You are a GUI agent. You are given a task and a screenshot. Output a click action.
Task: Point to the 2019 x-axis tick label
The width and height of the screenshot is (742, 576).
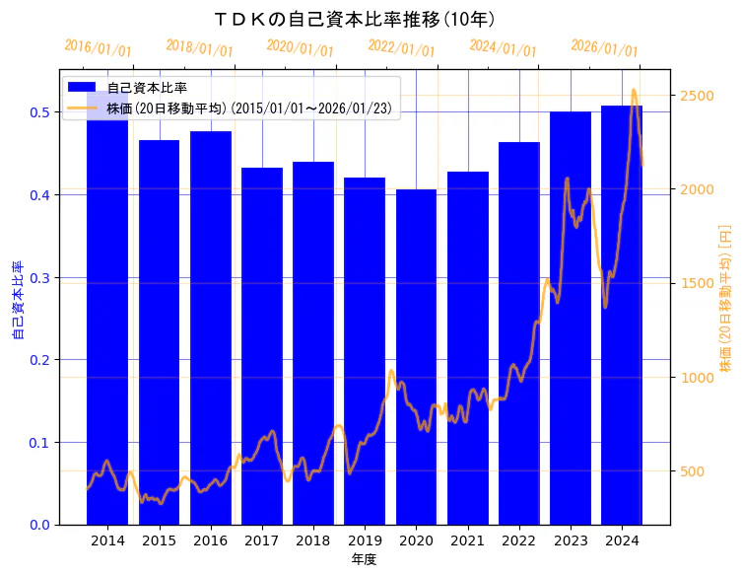(365, 540)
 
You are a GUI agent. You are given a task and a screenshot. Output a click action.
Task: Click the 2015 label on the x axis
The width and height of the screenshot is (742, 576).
(159, 540)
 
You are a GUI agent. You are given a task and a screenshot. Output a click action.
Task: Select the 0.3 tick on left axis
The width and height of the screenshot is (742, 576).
(39, 277)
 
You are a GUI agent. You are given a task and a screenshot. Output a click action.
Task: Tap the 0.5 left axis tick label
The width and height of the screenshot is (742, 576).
(39, 112)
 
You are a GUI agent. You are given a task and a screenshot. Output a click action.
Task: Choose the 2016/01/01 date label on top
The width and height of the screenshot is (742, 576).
(98, 48)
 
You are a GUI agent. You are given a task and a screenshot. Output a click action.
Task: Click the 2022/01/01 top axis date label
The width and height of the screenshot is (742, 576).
(401, 48)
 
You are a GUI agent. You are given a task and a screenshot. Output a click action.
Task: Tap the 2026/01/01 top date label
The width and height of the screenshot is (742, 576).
(604, 48)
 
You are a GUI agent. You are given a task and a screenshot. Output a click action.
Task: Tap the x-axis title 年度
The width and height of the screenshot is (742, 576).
(364, 559)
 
